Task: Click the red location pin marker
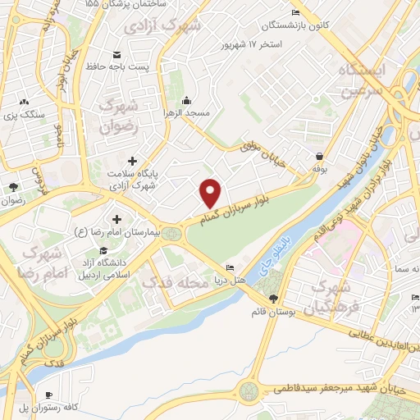click(211, 193)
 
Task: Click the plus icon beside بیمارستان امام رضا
click(116, 219)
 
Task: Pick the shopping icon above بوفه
click(319, 155)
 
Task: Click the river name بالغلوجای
click(277, 255)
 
